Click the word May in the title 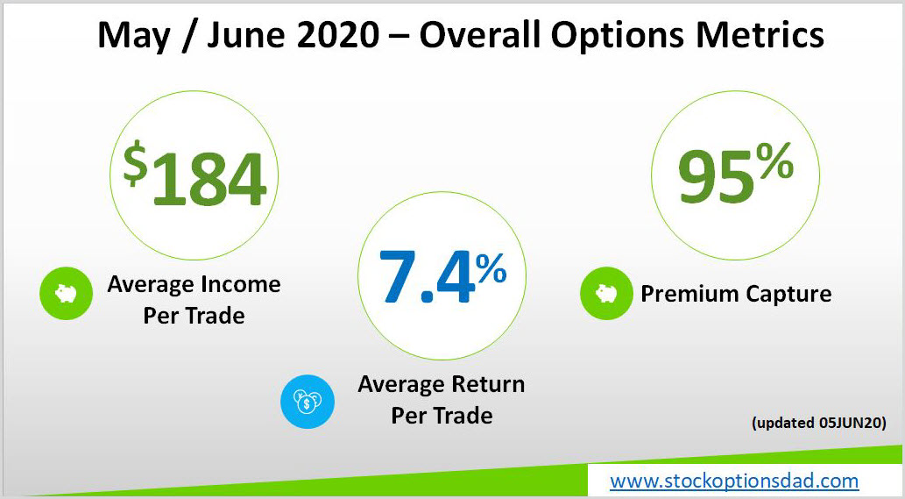pos(134,36)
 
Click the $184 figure pos(194,175)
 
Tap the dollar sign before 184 pos(135,165)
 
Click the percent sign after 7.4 pos(491,268)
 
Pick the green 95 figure pos(716,175)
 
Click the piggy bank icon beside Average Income pos(66,294)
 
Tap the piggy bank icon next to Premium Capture pos(606,294)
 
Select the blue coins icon pos(307,402)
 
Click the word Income pos(241,284)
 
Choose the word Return pos(488,384)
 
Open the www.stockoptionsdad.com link pos(734,481)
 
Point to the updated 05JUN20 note pos(819,423)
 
